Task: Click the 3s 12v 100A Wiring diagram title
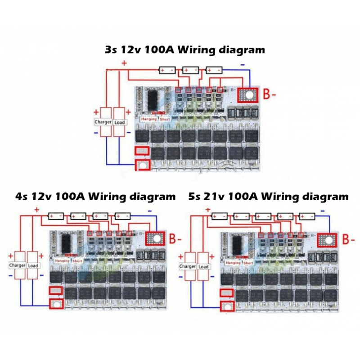coord(184,49)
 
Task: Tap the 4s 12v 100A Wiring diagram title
coord(95,197)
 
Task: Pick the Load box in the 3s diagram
coord(120,122)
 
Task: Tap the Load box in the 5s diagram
coord(203,266)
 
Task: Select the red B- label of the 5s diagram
coord(348,239)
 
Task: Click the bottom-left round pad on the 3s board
coord(142,166)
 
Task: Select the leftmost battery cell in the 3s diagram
coord(167,70)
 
